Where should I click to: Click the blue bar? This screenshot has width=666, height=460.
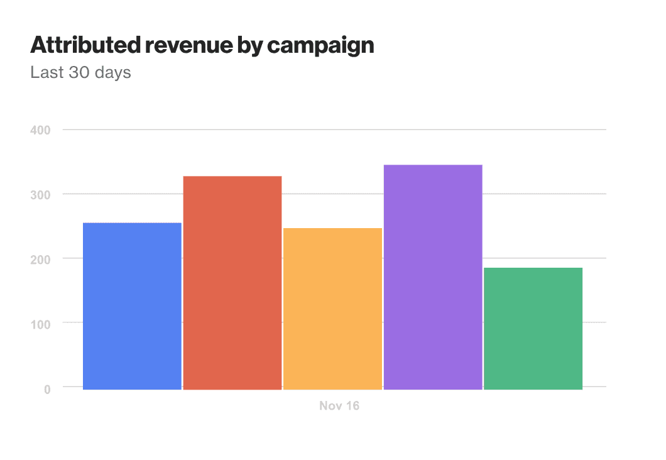[132, 306]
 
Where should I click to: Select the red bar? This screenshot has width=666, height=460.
[232, 283]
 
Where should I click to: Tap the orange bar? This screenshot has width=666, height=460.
[332, 309]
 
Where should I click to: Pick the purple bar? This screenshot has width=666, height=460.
[433, 277]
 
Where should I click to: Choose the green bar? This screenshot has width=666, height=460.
[533, 328]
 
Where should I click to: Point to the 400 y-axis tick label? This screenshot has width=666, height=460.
[39, 130]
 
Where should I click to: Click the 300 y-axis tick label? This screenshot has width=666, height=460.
[39, 195]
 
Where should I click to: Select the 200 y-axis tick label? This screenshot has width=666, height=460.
[39, 259]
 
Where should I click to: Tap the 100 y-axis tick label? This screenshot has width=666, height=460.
[39, 324]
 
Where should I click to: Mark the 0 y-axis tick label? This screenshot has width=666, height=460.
[47, 389]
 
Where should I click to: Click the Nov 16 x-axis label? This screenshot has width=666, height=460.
[339, 406]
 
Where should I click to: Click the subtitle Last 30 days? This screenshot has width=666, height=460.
[80, 72]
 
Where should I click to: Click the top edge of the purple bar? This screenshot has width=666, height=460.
[433, 165]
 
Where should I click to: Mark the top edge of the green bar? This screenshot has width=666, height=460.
[533, 268]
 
